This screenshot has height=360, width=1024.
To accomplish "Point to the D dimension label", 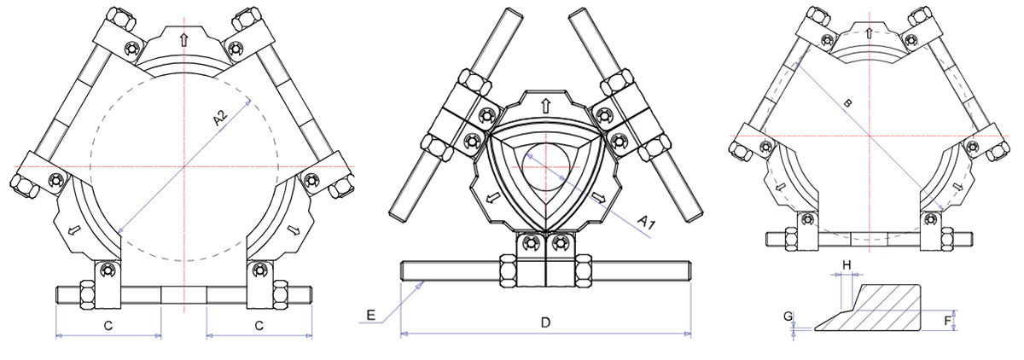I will [545, 322].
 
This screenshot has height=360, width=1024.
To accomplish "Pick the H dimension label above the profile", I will [847, 265].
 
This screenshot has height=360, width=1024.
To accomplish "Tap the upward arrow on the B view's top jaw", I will [869, 32].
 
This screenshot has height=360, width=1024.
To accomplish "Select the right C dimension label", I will [259, 325].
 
